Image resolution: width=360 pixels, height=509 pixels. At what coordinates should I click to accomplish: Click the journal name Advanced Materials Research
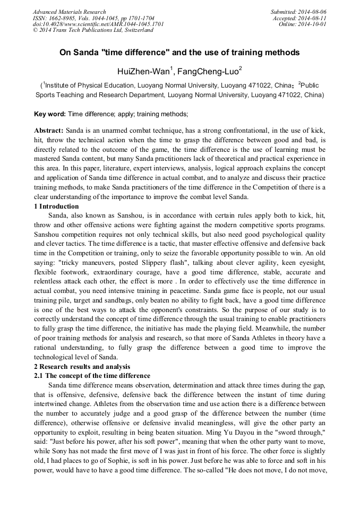70,12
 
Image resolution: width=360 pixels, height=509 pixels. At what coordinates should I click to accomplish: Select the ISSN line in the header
93,18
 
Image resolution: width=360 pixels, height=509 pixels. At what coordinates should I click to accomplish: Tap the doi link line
98,24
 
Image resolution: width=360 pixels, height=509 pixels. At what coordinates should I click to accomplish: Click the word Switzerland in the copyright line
137,30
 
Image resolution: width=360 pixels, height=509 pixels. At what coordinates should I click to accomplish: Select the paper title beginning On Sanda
179,53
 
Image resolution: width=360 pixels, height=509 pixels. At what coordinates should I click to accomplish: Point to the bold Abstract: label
49,130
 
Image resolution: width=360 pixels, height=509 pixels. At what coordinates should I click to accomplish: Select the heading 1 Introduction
56,206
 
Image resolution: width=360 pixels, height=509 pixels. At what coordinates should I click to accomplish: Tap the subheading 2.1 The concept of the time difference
92,375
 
